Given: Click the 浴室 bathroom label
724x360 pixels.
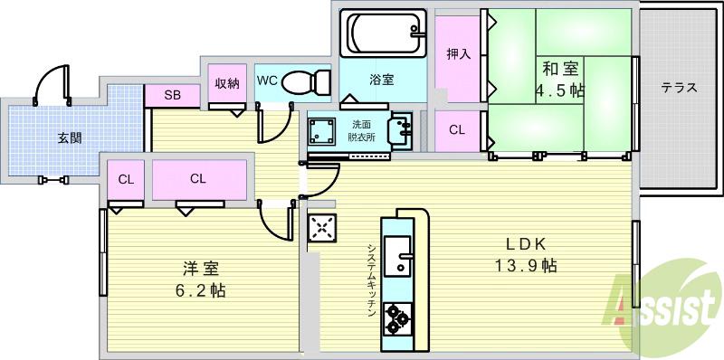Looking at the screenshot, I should pos(381,80).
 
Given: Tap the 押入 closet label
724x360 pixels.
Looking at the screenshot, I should pos(458,54).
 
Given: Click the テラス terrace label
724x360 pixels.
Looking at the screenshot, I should pos(678,88).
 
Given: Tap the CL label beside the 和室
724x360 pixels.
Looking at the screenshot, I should pos(458,129).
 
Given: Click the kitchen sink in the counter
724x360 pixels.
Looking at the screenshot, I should pos(397,256).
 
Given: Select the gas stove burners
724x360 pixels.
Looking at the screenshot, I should pos(397,316).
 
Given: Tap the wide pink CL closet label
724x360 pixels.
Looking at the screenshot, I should pos(198,178).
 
